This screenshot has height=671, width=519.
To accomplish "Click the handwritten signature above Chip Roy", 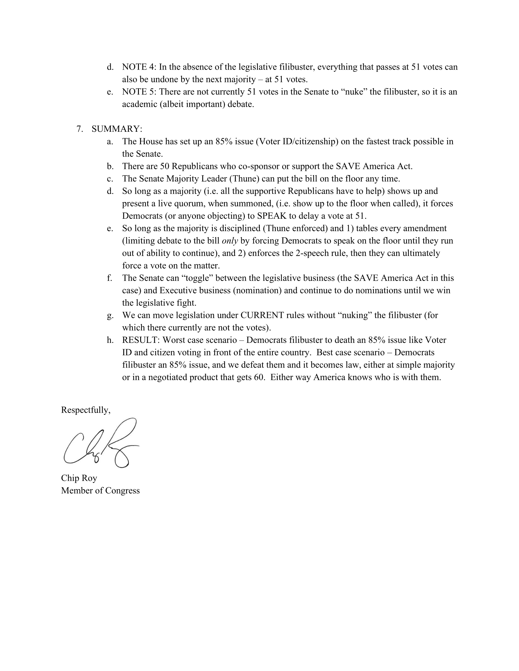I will coord(100,443).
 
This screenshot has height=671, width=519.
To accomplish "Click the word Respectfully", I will coord(85,410).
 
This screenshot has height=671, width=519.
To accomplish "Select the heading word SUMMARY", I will coord(116,129).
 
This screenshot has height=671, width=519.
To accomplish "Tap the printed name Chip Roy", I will coord(79,478).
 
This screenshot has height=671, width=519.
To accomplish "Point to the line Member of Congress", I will coord(100,490).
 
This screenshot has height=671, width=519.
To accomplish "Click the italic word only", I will coord(230,241).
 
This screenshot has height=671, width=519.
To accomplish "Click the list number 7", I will coord(80,129).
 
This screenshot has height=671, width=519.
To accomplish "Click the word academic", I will coord(139,104).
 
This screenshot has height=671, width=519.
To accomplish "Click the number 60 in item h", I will coord(259,377).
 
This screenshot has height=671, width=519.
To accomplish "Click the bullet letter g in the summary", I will coord(110,316).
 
